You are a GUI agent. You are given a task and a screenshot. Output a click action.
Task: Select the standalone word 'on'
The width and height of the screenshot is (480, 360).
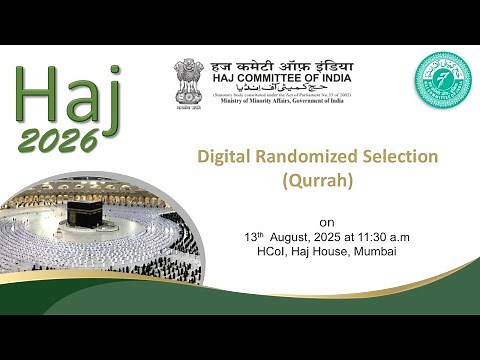point(326,220)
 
